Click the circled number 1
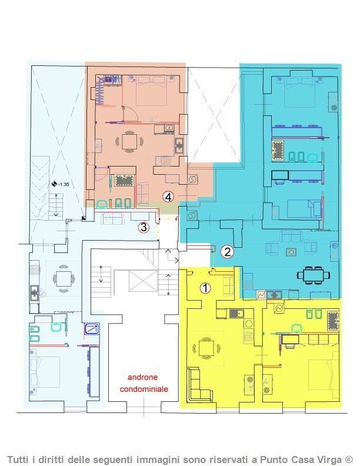205,288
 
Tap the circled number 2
227,252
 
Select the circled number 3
144,228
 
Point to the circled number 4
168,197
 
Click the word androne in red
142,377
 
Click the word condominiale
144,389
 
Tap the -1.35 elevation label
64,184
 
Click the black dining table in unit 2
314,275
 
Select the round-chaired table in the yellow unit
206,348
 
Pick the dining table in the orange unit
129,141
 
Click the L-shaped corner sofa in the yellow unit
199,385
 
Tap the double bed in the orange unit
151,91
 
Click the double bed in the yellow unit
324,375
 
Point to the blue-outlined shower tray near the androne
92,329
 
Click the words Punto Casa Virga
301,460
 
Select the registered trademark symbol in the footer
348,459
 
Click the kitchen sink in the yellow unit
236,314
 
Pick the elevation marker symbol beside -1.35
54,184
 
